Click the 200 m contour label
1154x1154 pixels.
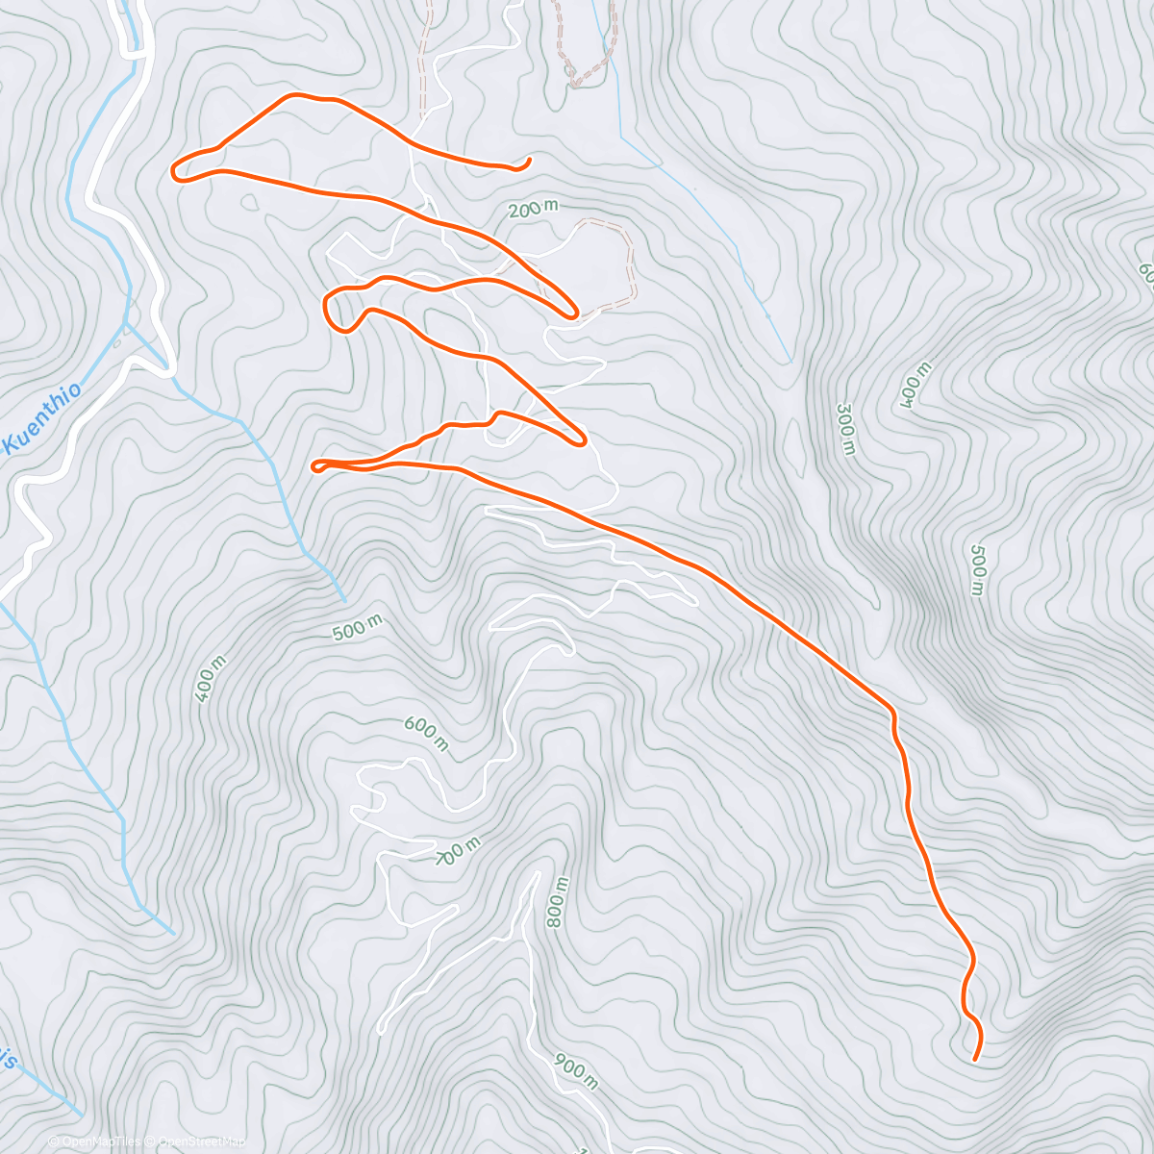coord(532,208)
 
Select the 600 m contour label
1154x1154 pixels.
coord(425,733)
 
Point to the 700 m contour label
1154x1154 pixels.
coord(458,850)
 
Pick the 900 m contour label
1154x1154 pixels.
coord(576,1071)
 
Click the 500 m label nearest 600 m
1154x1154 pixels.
coord(357,628)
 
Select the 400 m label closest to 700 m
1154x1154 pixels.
coord(211,678)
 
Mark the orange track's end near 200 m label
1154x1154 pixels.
coord(530,159)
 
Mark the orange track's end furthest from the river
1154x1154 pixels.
coord(975,1059)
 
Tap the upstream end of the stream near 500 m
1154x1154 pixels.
coord(344,600)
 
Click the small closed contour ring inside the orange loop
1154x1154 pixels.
coord(250,202)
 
